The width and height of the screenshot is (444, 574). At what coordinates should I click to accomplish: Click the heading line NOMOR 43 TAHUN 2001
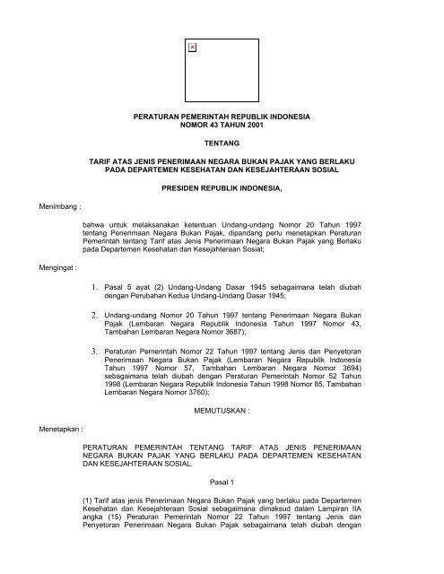tap(222, 127)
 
